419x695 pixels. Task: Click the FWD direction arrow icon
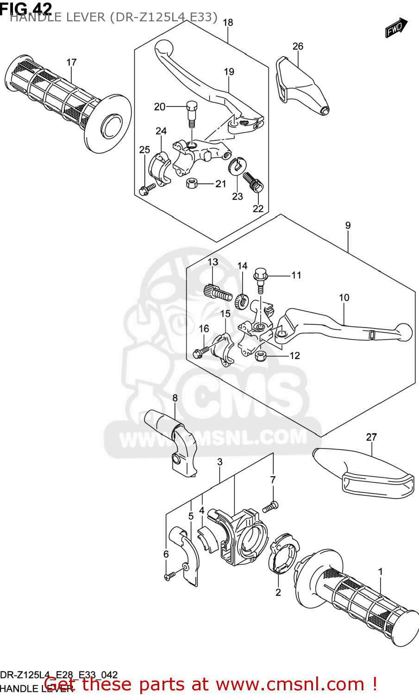(x=396, y=28)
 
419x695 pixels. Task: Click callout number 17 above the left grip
(x=71, y=63)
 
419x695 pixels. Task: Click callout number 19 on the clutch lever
(x=229, y=72)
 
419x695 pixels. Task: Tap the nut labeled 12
(x=260, y=356)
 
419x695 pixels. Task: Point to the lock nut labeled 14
(x=241, y=301)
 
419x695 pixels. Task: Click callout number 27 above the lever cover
(x=371, y=437)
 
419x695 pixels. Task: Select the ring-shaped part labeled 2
(x=282, y=556)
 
